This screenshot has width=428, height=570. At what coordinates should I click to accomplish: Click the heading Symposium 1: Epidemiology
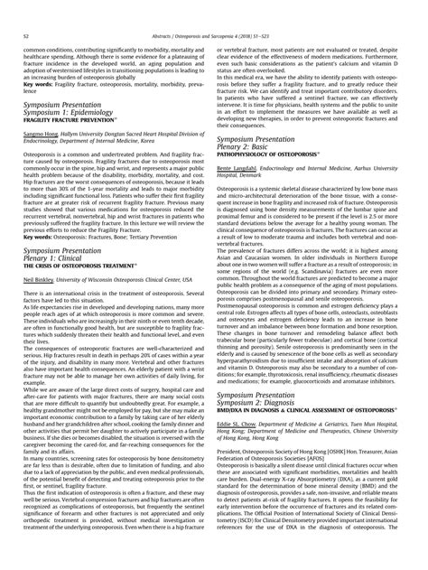(80, 112)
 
